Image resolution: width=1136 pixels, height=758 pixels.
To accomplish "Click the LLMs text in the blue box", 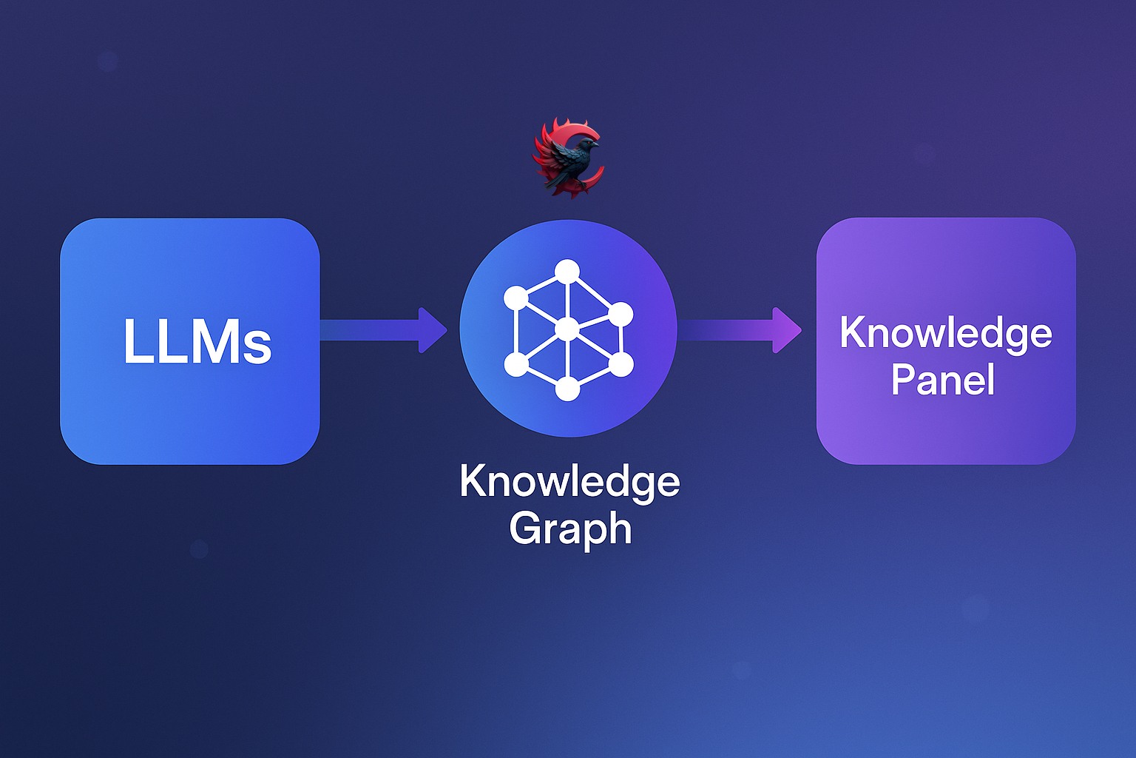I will (x=197, y=341).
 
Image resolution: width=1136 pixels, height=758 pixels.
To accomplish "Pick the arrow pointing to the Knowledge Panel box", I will (x=740, y=330).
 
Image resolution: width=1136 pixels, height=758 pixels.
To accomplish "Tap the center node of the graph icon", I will (x=567, y=329).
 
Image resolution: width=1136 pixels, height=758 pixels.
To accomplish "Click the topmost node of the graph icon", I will (x=567, y=272).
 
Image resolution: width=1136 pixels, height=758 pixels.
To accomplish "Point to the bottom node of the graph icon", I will (x=567, y=388).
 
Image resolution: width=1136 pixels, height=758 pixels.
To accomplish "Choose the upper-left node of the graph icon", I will (x=516, y=298).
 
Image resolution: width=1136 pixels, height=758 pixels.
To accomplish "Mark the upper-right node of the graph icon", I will (x=621, y=314).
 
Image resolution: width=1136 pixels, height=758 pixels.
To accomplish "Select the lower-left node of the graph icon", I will (x=516, y=363).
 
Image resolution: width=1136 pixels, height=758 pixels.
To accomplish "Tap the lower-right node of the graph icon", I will (x=621, y=363).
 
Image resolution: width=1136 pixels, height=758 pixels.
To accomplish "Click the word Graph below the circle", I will (x=570, y=529).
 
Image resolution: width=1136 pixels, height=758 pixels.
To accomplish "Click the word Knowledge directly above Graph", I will (x=569, y=482).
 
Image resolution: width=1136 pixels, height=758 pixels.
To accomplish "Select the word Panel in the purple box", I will (x=943, y=380).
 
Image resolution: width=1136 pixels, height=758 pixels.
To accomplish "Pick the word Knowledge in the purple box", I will (x=946, y=333).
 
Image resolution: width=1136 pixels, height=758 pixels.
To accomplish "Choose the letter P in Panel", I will (x=903, y=380).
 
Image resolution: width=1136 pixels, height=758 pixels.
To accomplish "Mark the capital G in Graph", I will (x=524, y=528).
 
